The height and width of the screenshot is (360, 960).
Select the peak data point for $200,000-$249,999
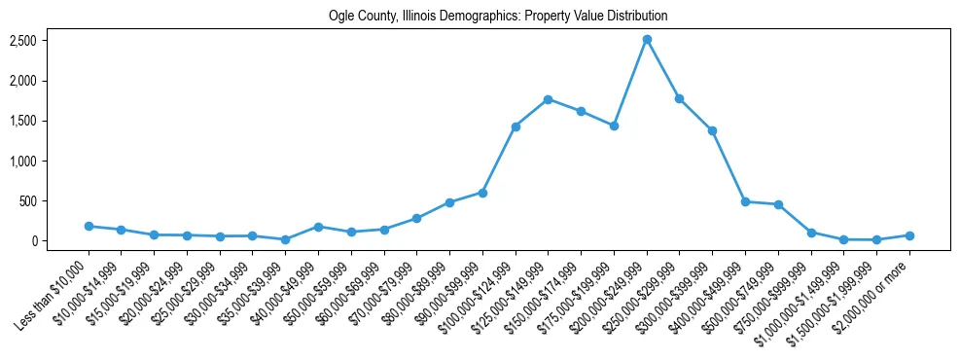(647, 39)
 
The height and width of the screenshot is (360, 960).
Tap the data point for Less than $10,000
(89, 226)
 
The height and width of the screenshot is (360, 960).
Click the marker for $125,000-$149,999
(549, 99)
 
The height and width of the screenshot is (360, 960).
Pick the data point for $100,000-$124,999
(516, 126)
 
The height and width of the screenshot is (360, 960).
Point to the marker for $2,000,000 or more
(909, 235)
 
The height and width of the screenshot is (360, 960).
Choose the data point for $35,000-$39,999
(285, 239)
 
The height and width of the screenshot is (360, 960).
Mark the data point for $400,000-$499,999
(745, 201)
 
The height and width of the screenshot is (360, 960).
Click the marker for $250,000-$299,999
(680, 98)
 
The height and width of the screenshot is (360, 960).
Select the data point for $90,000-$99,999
(482, 193)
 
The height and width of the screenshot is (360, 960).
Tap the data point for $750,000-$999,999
(811, 233)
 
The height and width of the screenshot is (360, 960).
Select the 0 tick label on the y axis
(32, 241)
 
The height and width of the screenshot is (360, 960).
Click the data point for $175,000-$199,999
(614, 126)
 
